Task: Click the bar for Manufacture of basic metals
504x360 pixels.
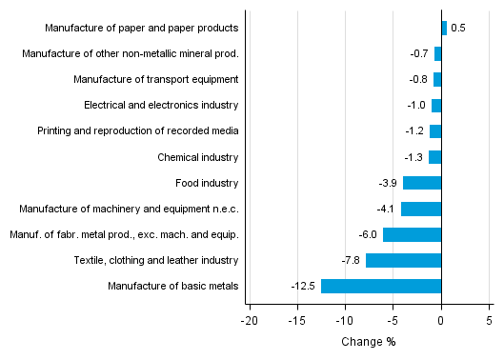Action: (381, 286)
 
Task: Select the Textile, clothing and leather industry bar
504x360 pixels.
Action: (403, 260)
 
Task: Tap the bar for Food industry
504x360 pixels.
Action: (422, 183)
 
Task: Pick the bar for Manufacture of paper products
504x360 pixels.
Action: (444, 29)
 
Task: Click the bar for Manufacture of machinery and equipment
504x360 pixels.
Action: (421, 209)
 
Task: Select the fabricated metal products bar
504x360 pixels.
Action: (412, 234)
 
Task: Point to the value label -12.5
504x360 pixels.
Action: (303, 286)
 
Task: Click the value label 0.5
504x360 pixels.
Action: (458, 29)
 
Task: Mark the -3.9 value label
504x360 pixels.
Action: (389, 183)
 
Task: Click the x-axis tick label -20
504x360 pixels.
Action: (250, 321)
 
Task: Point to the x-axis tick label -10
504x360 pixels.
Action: (345, 321)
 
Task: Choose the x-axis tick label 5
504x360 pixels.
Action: (489, 321)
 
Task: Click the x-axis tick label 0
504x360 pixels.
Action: (441, 321)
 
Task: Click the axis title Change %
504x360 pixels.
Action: (368, 342)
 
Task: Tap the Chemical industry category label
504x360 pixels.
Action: (198, 157)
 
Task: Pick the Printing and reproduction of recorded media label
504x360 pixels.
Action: (138, 131)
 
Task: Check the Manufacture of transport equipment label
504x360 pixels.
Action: (155, 80)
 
